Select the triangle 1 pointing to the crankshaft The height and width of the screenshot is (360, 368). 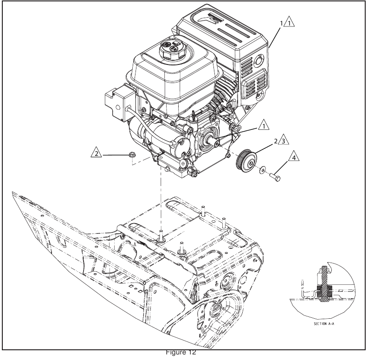pyautogui.click(x=264, y=125)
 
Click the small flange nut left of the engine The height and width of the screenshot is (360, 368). pyautogui.click(x=129, y=154)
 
